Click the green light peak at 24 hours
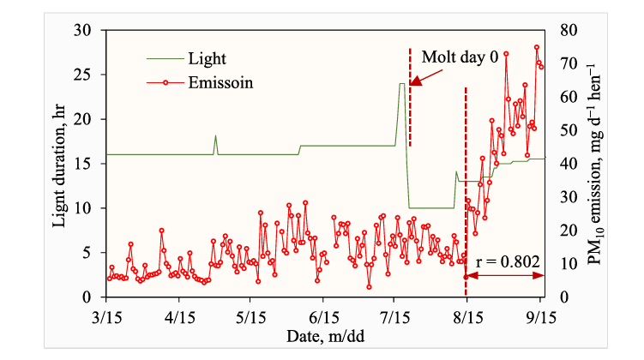point(401,84)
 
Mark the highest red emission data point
point(538,48)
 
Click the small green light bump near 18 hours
point(215,136)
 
